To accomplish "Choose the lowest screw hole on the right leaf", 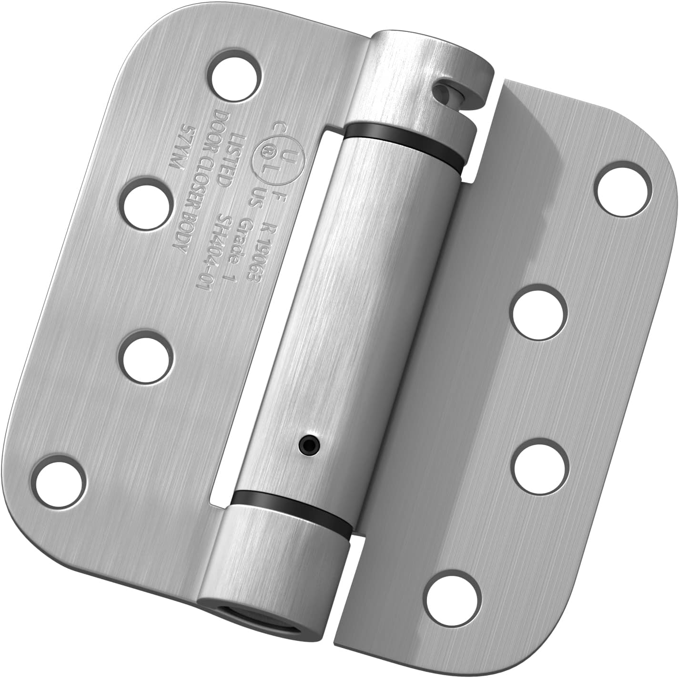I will (449, 596).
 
